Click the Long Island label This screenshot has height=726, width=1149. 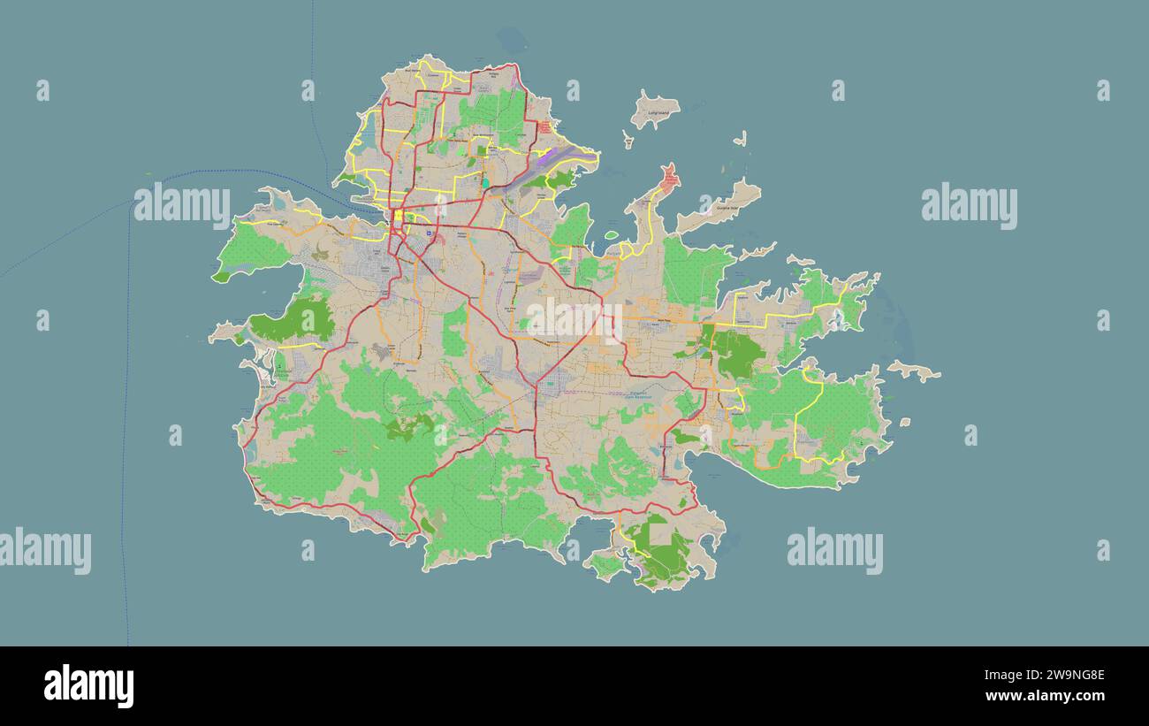pos(658,113)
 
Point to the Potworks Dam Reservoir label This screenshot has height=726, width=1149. pos(637,395)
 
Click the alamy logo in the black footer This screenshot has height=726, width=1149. pos(89,686)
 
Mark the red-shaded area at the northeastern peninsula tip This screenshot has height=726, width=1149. pos(669,179)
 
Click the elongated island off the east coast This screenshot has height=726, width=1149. pos(914,371)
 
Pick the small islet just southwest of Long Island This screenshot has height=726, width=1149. pos(628,140)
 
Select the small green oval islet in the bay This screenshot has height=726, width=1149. pos(611,235)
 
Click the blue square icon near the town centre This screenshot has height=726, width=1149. pos(429,233)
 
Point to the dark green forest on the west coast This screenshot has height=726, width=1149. pos(293,320)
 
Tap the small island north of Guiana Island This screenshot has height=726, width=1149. pos(740,139)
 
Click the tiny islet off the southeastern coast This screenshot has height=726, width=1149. pos(904,423)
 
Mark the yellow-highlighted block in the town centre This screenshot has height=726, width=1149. pos(399,215)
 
